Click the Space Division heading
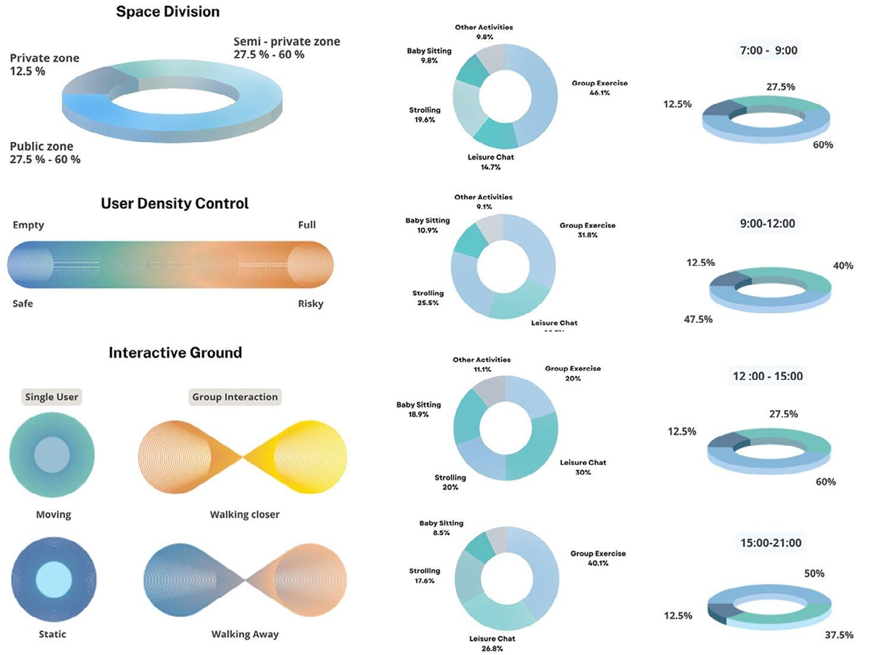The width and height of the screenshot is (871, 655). tap(168, 12)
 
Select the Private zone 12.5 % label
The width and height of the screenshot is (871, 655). tap(44, 64)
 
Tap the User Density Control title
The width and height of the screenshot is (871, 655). tap(175, 203)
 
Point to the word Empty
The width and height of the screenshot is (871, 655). tap(29, 225)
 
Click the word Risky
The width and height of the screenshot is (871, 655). tap(310, 304)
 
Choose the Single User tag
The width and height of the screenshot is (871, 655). tap(52, 397)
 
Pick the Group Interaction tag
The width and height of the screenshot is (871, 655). tap(235, 397)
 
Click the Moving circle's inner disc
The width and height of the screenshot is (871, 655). tap(52, 455)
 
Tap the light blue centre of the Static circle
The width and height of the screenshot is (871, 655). tap(53, 580)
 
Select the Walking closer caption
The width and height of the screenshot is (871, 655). tap(244, 515)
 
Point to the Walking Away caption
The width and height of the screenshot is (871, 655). tap(245, 634)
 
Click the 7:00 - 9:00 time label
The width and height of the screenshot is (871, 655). tap(768, 51)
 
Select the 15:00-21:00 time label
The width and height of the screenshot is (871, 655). tap(771, 543)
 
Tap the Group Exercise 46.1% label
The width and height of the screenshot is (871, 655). tap(599, 88)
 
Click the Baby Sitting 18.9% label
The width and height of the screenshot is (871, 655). tap(418, 410)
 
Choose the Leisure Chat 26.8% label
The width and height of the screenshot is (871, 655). tap(492, 643)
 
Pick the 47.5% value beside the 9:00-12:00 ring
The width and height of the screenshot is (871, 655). tap(698, 319)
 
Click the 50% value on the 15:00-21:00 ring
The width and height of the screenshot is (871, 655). tap(814, 574)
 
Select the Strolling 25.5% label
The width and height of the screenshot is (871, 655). tap(428, 298)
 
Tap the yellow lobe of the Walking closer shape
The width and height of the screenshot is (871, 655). tap(309, 456)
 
